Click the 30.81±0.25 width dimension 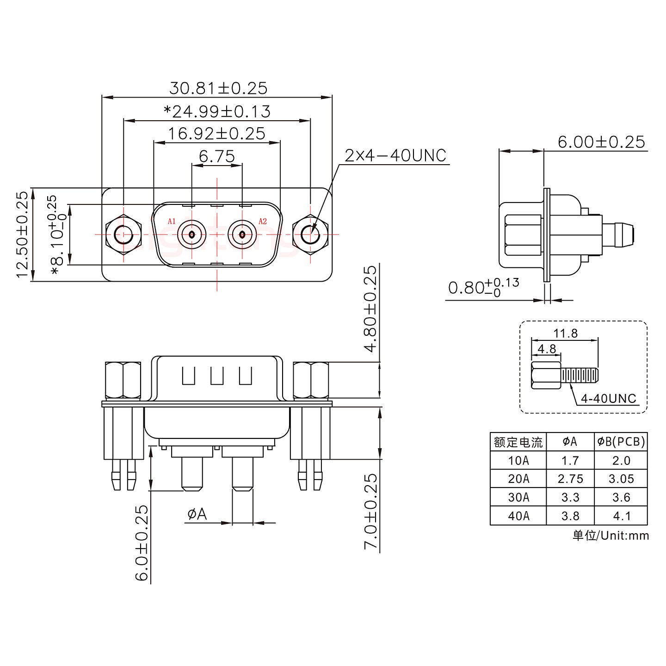click(x=218, y=88)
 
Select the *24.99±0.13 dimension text click(x=217, y=111)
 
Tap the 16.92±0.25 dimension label click(x=216, y=134)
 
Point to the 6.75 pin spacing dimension click(x=216, y=156)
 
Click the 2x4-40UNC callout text click(x=395, y=156)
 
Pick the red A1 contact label click(x=172, y=221)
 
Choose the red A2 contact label click(x=262, y=221)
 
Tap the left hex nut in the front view click(x=123, y=234)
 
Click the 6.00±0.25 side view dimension click(x=601, y=142)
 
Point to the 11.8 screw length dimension click(x=565, y=333)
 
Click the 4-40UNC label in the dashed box click(x=608, y=398)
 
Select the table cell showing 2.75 click(x=570, y=479)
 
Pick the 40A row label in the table click(x=518, y=516)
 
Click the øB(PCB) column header click(x=621, y=442)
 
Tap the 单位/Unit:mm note click(x=610, y=536)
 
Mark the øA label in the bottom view click(x=197, y=514)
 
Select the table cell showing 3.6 click(x=621, y=497)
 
